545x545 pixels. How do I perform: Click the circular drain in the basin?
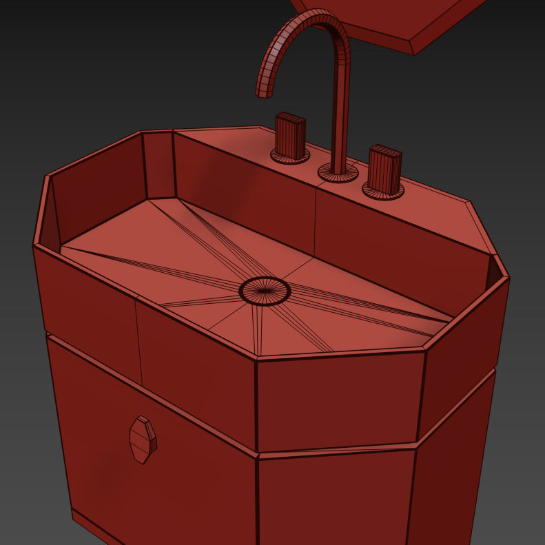point(265,291)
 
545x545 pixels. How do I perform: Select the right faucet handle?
point(384,169)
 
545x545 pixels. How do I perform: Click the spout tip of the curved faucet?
point(265,90)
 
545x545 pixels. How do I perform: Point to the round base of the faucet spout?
point(338,173)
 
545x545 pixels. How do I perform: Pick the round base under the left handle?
point(289,157)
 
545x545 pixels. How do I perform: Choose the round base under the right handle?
point(383,193)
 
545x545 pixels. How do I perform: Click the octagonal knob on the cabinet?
point(143,439)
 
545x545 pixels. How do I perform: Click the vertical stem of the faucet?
point(339,117)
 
